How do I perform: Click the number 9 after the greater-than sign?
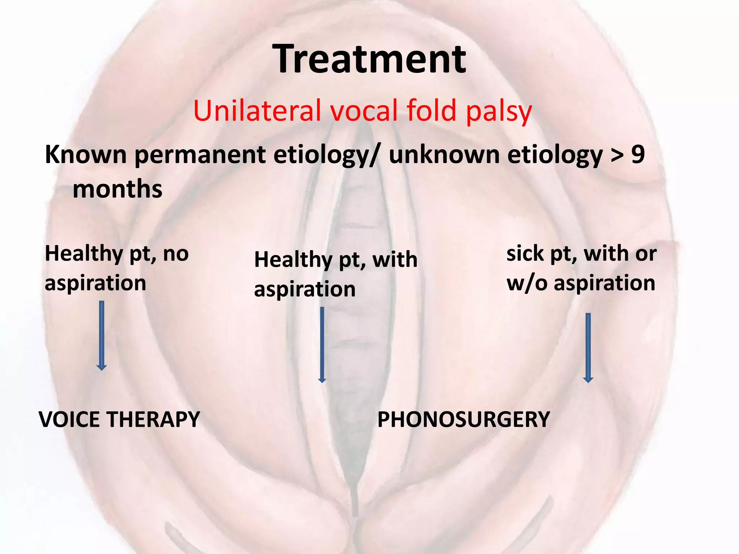638,154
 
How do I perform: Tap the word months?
117,189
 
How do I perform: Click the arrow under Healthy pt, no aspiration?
102,335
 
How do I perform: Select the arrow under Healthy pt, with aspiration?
322,344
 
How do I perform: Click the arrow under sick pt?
588,348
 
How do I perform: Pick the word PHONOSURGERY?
463,419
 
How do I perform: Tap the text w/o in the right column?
527,283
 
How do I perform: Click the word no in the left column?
176,254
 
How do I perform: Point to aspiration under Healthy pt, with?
305,289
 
